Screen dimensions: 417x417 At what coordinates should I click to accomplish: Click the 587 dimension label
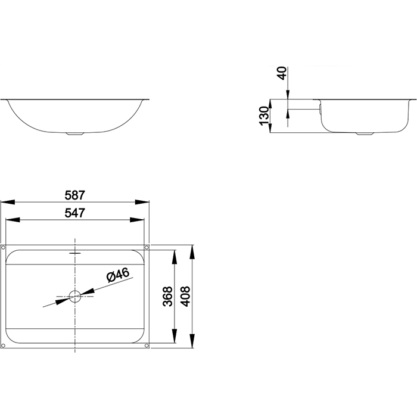pyautogui.click(x=74, y=195)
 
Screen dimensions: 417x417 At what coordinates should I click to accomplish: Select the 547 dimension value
pyautogui.click(x=74, y=213)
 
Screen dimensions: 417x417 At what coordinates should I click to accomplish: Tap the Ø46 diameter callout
pyautogui.click(x=118, y=275)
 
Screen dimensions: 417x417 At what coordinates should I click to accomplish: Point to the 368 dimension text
pyautogui.click(x=167, y=296)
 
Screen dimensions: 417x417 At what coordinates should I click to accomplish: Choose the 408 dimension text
pyautogui.click(x=185, y=296)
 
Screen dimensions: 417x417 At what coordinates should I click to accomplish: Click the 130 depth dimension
pyautogui.click(x=264, y=116)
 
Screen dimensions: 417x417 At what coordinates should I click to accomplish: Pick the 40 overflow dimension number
pyautogui.click(x=282, y=73)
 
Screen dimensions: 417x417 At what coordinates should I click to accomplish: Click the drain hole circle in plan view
pyautogui.click(x=75, y=296)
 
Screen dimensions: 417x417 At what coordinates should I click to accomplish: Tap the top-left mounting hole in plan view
pyautogui.click(x=3, y=247)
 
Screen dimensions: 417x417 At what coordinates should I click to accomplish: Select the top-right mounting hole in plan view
pyautogui.click(x=147, y=247)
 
